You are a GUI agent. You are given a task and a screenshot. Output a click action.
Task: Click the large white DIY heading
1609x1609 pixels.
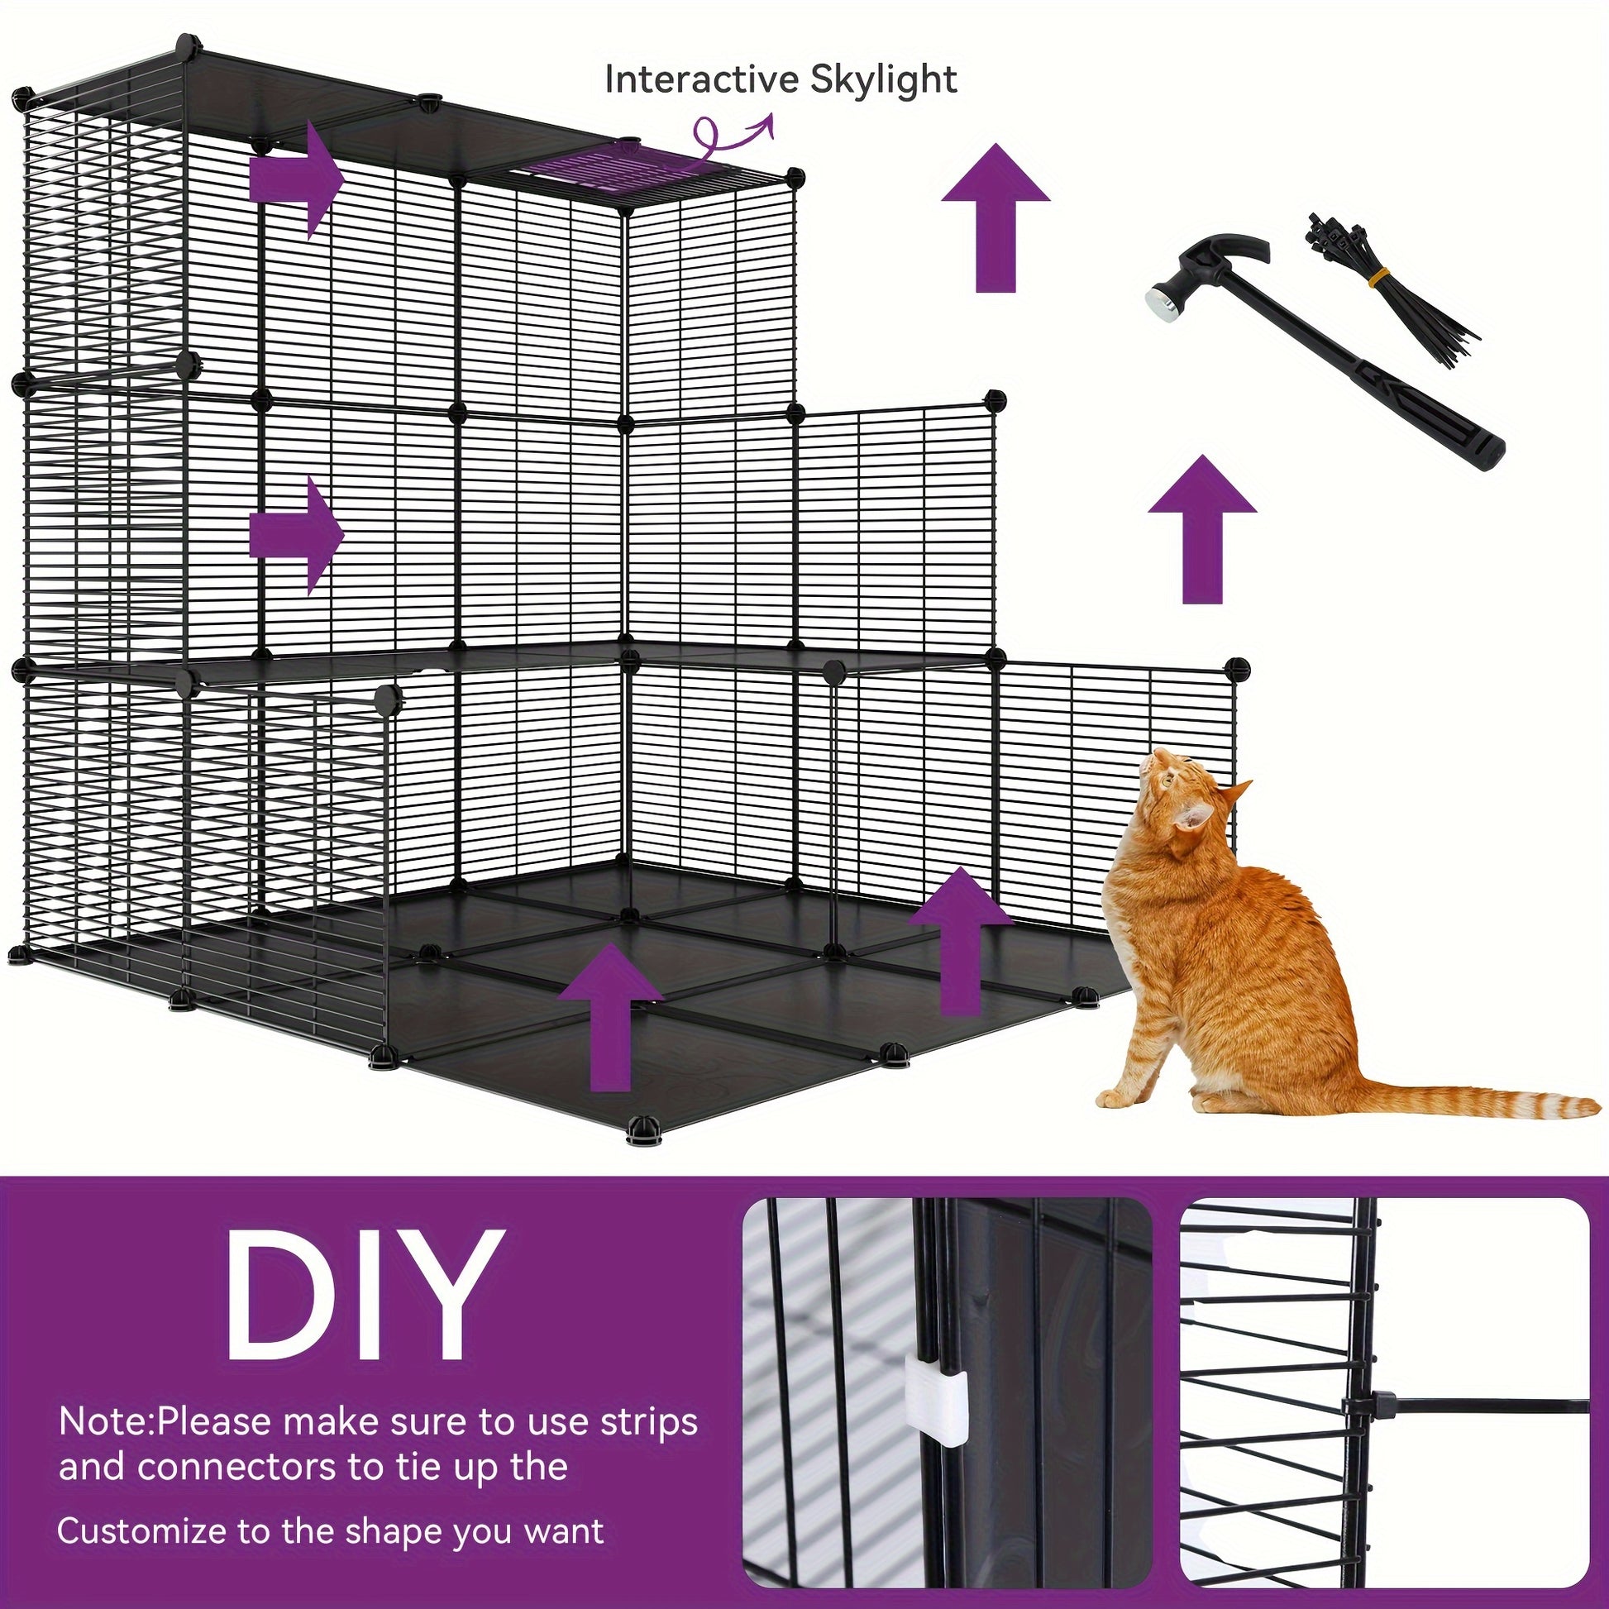[364, 1298]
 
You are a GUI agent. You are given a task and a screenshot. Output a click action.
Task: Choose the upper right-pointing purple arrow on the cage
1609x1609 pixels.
[297, 179]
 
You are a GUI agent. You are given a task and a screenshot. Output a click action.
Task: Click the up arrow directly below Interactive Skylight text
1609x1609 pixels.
[995, 217]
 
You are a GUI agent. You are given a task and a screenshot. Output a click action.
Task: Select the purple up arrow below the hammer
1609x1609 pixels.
[1201, 529]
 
